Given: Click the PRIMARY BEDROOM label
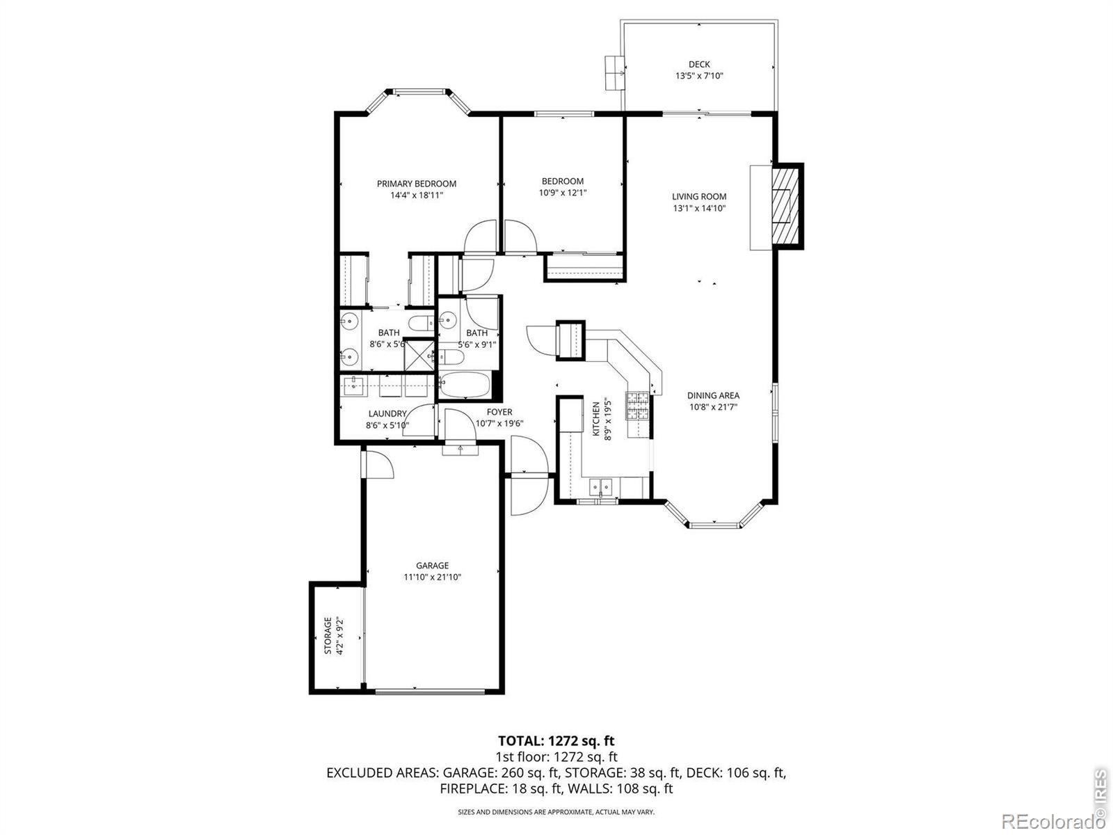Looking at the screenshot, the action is pyautogui.click(x=416, y=184).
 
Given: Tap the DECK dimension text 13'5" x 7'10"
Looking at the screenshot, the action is pyautogui.click(x=699, y=76).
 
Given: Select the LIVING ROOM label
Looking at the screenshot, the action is pyautogui.click(x=699, y=197).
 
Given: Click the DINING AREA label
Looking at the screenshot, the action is pyautogui.click(x=713, y=395).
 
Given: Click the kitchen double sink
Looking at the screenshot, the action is pyautogui.click(x=601, y=487).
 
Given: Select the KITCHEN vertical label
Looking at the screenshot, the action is pyautogui.click(x=596, y=419).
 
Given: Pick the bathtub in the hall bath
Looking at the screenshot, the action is pyautogui.click(x=465, y=385).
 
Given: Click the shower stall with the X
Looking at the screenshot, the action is pyautogui.click(x=419, y=356).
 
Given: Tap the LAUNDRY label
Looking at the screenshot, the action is pyautogui.click(x=387, y=414).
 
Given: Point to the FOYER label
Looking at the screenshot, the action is pyautogui.click(x=499, y=412).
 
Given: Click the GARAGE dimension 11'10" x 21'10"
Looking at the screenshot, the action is pyautogui.click(x=433, y=577).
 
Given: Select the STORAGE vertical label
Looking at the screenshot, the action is pyautogui.click(x=328, y=636).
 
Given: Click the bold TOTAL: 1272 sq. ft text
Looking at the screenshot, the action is pyautogui.click(x=556, y=740).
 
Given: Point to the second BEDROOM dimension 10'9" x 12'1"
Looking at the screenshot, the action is pyautogui.click(x=563, y=193).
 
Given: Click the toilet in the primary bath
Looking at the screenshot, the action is pyautogui.click(x=421, y=322).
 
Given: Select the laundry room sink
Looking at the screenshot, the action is pyautogui.click(x=354, y=385).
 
